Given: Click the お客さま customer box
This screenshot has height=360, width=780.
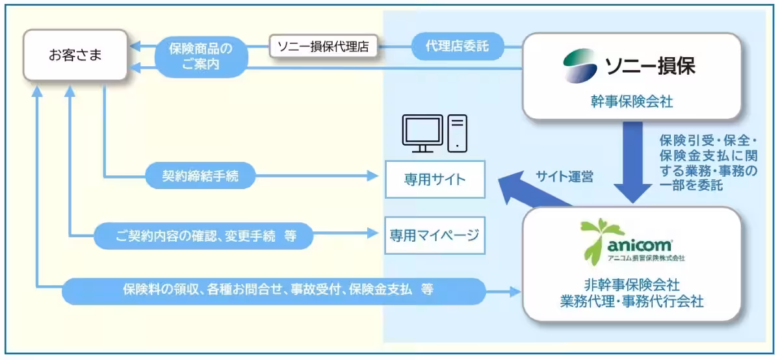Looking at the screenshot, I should click(75, 55).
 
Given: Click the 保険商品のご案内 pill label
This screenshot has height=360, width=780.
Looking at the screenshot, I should click(201, 56).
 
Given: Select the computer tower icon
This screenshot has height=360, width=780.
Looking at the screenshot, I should click(458, 132).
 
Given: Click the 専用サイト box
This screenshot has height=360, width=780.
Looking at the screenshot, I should click(435, 179).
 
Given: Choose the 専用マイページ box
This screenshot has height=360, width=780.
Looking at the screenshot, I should click(435, 235).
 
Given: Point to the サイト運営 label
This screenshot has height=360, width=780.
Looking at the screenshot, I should click(564, 176).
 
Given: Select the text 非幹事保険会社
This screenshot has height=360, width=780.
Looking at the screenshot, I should click(631, 284).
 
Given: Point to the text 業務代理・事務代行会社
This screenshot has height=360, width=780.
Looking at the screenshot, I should click(631, 302).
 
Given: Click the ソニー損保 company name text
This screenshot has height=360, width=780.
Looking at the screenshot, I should click(649, 66).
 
